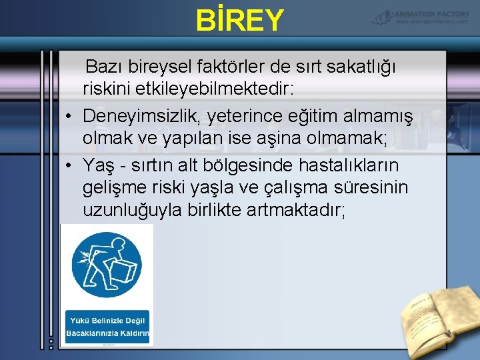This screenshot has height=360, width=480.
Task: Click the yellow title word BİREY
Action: point(240,20)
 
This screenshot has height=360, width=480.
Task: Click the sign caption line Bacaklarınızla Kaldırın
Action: point(107,333)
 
